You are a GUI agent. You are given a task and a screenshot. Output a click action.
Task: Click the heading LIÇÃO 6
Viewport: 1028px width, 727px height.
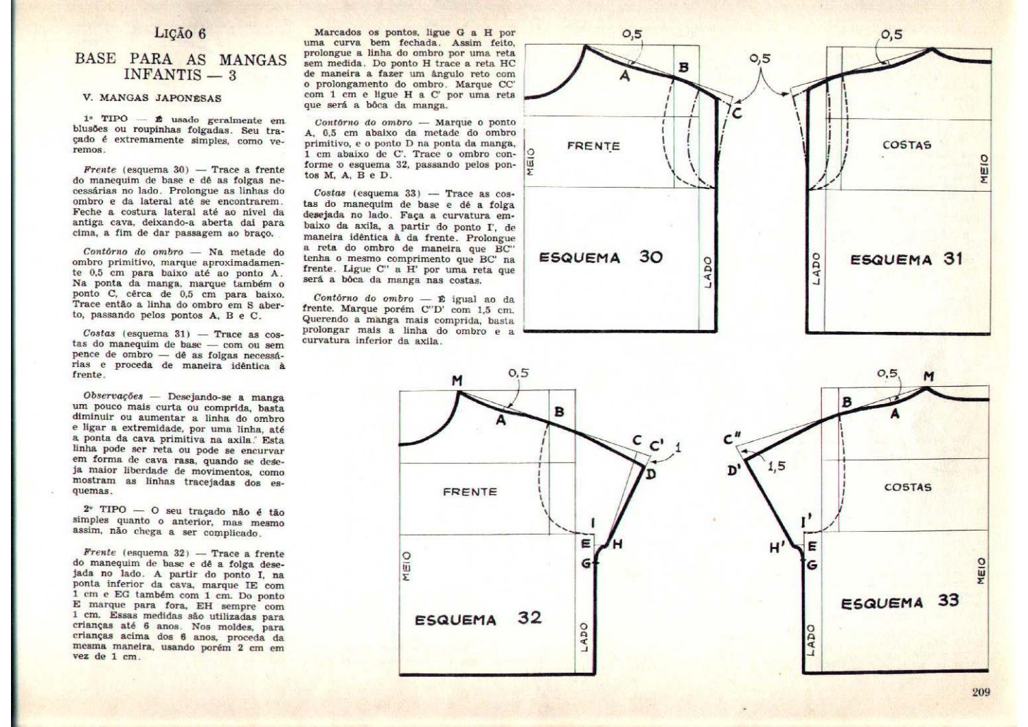[x=181, y=34]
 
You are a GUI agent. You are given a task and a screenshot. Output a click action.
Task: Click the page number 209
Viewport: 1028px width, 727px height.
[x=981, y=692]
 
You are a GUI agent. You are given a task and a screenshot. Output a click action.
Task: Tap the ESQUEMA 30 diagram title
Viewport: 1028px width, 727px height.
[x=600, y=258]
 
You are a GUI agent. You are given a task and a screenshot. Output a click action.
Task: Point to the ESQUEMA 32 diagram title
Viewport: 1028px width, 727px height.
[x=478, y=618]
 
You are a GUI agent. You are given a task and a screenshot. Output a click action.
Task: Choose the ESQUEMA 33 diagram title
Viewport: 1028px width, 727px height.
[x=900, y=602]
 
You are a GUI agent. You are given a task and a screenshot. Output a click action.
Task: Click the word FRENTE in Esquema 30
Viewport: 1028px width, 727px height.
[x=593, y=146]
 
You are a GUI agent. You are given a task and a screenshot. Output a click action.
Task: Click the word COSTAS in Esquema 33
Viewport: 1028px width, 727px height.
[x=907, y=486]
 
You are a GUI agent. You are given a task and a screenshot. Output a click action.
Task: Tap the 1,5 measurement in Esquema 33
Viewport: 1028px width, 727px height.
[x=777, y=466]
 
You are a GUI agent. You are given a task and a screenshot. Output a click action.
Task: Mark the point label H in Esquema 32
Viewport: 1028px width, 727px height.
[x=617, y=544]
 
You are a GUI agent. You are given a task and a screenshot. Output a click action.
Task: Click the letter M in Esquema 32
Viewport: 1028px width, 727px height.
[x=457, y=380]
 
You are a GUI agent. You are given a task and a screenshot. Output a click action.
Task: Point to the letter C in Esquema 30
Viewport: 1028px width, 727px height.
[x=736, y=113]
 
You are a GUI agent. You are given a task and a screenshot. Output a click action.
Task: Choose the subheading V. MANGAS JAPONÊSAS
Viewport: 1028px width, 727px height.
[x=152, y=98]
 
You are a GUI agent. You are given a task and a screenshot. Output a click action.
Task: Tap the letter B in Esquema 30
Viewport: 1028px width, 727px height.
[x=683, y=67]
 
